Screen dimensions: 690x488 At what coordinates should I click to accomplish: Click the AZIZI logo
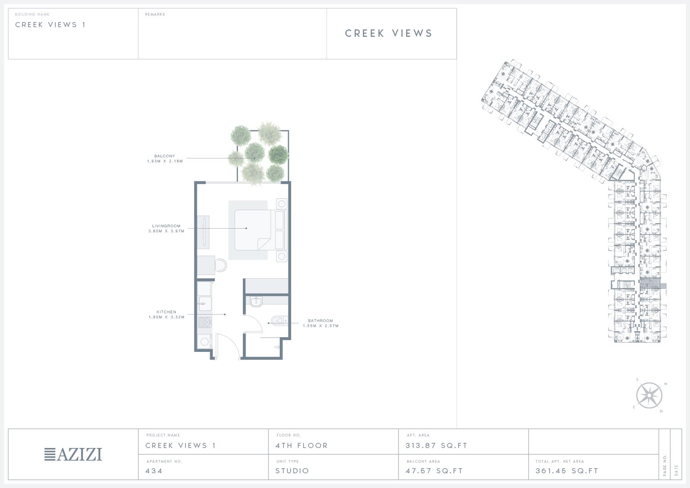[73, 454]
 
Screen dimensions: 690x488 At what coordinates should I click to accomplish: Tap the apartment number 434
[154, 471]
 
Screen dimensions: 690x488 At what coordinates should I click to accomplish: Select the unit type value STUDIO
[292, 471]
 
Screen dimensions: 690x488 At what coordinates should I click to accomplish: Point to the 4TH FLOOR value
[302, 446]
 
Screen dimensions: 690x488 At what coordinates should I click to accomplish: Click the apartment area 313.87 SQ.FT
[437, 446]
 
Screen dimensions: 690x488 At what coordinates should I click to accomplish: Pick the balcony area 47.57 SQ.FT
[434, 471]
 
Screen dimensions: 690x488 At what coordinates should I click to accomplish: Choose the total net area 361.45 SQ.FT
[567, 471]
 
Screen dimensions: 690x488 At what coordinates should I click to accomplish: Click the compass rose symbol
[649, 396]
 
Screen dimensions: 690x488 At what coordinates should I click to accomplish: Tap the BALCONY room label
[165, 156]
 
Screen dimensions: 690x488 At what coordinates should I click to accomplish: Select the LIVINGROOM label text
[167, 226]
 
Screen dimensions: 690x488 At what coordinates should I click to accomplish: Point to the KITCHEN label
[167, 312]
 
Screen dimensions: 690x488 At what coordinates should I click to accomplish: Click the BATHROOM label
[320, 321]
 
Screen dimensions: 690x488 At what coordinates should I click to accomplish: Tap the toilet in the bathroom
[279, 321]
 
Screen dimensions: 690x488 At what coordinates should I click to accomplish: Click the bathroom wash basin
[256, 302]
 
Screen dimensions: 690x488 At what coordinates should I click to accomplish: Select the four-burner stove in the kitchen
[205, 322]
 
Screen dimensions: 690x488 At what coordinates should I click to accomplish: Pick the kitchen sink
[205, 304]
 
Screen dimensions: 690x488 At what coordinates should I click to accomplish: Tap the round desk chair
[221, 265]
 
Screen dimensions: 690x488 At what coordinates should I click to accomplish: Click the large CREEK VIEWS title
[389, 33]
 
